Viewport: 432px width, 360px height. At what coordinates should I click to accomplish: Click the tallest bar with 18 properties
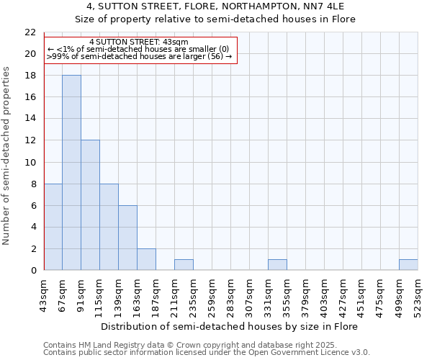tap(71, 173)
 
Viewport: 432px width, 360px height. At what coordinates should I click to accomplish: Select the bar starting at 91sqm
tap(90, 205)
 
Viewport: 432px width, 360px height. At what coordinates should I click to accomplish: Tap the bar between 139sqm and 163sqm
tap(127, 238)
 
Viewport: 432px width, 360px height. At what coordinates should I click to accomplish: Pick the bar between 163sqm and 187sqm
tap(146, 259)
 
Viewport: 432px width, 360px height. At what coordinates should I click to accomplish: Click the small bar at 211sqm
tap(184, 265)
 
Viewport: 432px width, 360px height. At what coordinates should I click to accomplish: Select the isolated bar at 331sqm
tap(277, 265)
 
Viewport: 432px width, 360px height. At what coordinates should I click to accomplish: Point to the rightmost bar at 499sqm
tap(408, 265)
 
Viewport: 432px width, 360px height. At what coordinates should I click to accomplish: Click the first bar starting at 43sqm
tap(53, 227)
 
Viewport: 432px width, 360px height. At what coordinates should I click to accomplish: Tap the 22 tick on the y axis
tap(30, 32)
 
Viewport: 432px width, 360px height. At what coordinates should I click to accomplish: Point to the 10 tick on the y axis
tap(30, 163)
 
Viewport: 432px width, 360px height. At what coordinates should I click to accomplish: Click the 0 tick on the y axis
tap(32, 271)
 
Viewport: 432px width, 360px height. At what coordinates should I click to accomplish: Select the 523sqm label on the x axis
tap(418, 296)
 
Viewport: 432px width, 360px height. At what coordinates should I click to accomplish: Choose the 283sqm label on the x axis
tap(230, 296)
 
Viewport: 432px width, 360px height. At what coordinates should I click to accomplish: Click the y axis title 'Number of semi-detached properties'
tap(6, 156)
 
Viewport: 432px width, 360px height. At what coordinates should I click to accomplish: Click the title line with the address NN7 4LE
tap(215, 6)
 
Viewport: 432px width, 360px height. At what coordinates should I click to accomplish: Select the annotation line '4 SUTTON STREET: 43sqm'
tap(139, 42)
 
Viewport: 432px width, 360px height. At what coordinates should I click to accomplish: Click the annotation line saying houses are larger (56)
tap(139, 56)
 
